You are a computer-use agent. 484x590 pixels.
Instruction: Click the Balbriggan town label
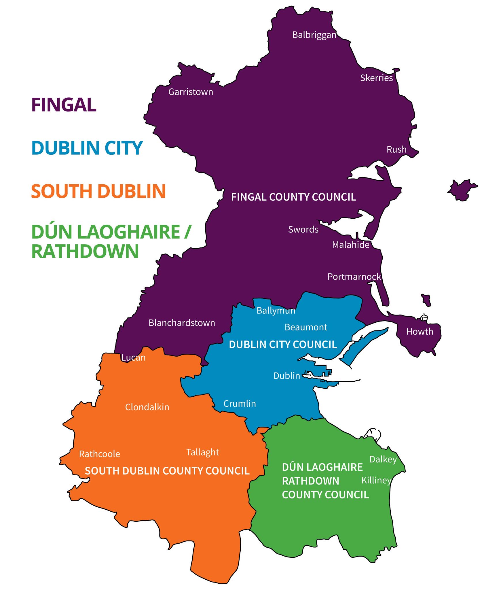point(314,35)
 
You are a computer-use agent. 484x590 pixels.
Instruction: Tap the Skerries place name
point(376,78)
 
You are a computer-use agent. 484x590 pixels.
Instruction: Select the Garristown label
point(191,92)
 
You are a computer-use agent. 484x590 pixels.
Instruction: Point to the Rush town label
point(396,150)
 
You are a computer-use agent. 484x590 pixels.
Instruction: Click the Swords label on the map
point(303,229)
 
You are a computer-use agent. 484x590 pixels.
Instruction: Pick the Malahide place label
point(350,245)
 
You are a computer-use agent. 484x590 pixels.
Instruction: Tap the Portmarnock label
point(354,277)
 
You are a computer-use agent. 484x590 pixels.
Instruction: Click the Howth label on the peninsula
point(419,332)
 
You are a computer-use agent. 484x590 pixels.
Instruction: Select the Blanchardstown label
point(182,323)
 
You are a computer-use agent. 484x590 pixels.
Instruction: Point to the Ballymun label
point(276,311)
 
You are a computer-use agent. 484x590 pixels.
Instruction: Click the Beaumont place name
point(306,327)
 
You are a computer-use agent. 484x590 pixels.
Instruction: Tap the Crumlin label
point(240,404)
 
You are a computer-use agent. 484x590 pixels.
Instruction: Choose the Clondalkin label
point(147,407)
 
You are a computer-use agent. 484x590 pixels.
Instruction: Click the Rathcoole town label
point(99,454)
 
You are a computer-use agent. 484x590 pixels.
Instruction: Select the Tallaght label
point(202,452)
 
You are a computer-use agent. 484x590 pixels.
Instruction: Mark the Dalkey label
point(383,459)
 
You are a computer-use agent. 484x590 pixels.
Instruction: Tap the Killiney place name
point(376,480)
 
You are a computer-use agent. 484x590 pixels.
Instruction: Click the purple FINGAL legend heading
point(64,105)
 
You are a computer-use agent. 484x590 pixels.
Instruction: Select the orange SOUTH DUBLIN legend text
point(98,191)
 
